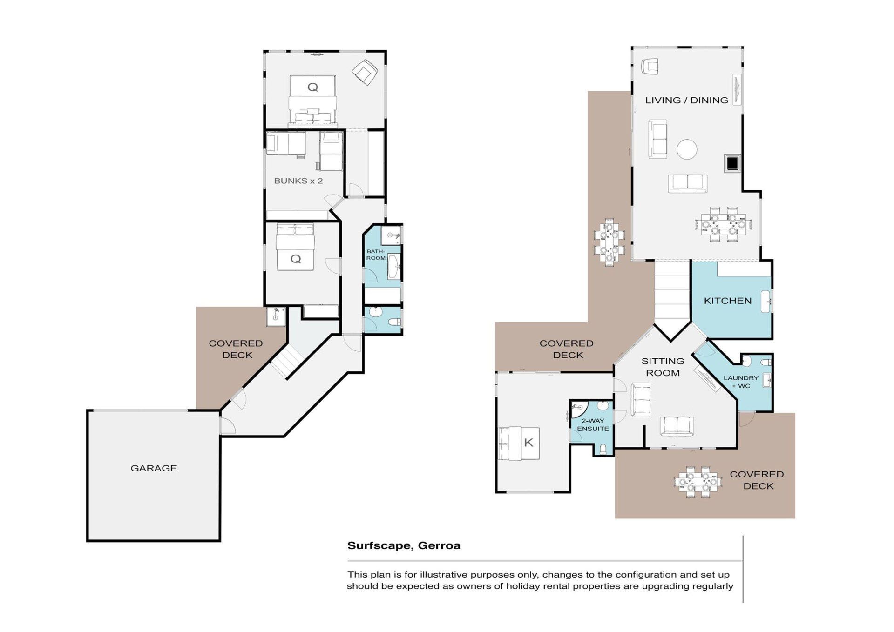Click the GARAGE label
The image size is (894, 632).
[154, 468]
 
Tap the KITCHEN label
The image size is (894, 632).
[727, 301]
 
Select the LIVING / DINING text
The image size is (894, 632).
[686, 100]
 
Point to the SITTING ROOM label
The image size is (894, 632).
[663, 367]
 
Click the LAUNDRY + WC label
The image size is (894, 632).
[741, 382]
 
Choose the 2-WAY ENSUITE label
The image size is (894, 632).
[593, 424]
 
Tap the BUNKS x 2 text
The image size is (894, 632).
[298, 181]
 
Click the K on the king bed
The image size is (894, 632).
[528, 443]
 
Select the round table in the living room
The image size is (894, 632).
[687, 149]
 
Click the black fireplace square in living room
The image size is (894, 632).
[732, 163]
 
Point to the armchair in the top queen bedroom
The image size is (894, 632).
[365, 72]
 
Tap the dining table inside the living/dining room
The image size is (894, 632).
[723, 224]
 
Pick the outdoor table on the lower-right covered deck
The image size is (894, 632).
[698, 482]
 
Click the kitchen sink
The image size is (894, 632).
[766, 302]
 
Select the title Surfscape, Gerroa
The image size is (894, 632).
[404, 545]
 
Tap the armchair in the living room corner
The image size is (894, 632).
[650, 66]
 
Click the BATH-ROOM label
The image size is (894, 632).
[376, 255]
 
